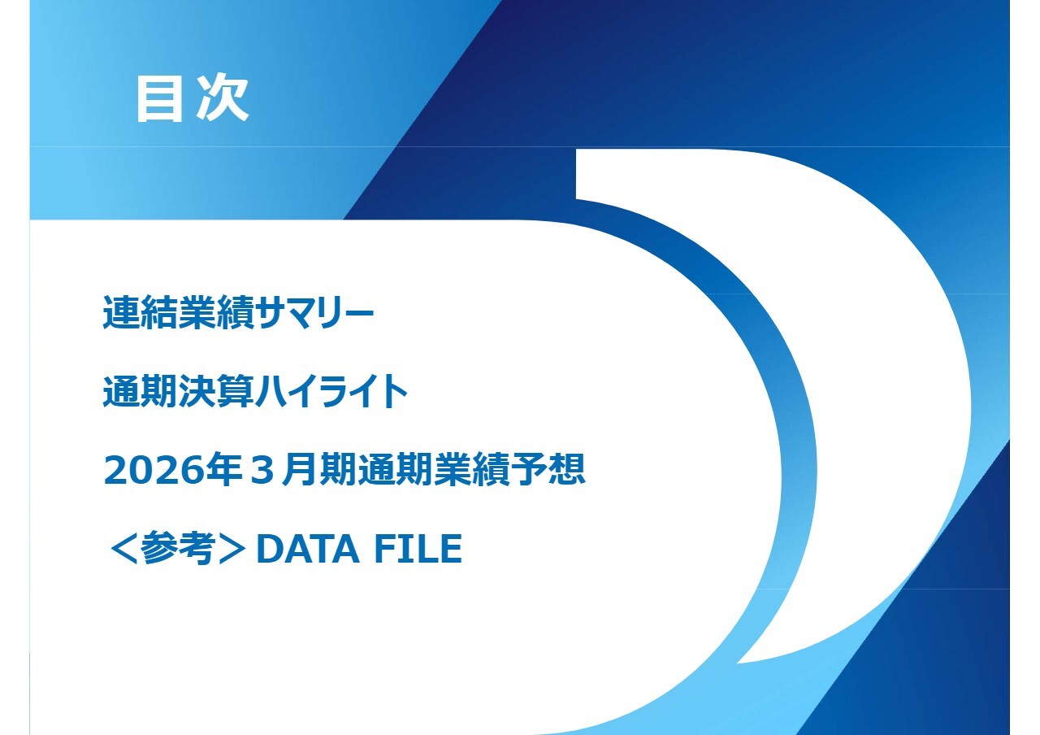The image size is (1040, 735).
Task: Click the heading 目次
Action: [192, 99]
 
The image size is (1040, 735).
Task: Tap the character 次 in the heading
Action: [221, 99]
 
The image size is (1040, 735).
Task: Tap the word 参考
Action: [176, 550]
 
